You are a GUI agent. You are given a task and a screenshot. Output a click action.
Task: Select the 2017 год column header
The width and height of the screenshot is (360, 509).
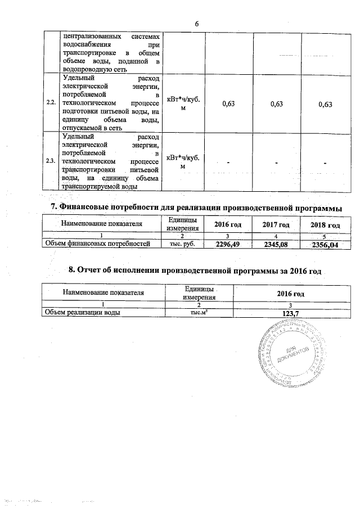(276, 225)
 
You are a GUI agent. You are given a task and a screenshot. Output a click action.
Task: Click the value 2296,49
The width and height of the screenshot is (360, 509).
(228, 244)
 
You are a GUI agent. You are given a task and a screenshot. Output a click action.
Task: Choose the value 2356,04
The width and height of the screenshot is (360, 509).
(326, 244)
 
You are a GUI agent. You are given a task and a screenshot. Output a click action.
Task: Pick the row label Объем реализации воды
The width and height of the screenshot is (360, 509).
(84, 313)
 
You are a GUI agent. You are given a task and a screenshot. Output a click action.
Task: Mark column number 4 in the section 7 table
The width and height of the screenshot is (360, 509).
(276, 236)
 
